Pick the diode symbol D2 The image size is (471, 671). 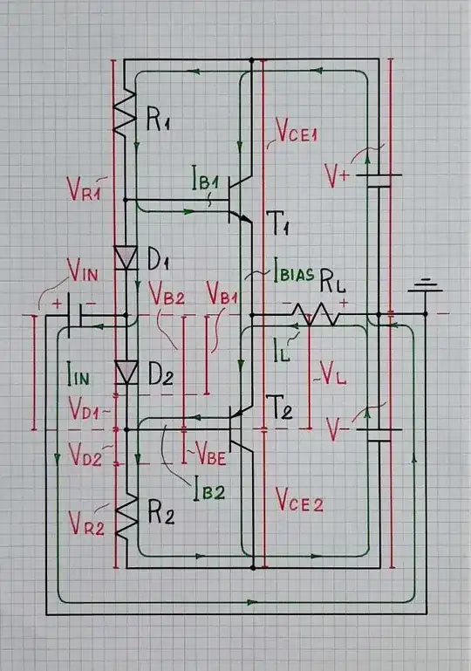pos(127,373)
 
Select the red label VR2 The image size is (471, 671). pos(86,524)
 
